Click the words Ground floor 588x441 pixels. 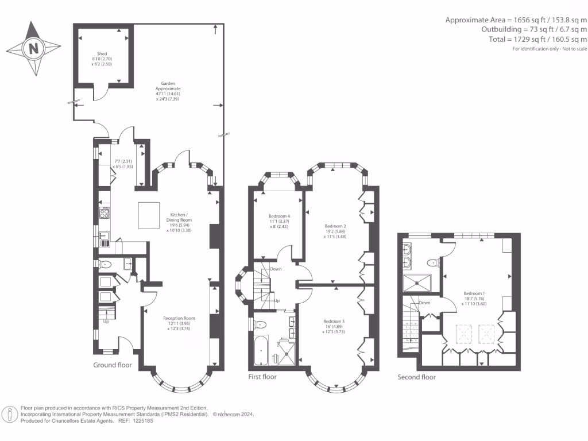(112, 365)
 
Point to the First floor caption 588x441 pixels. (263, 377)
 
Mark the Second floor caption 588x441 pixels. (416, 377)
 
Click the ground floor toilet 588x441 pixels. (105, 265)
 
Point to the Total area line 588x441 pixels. (546, 39)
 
